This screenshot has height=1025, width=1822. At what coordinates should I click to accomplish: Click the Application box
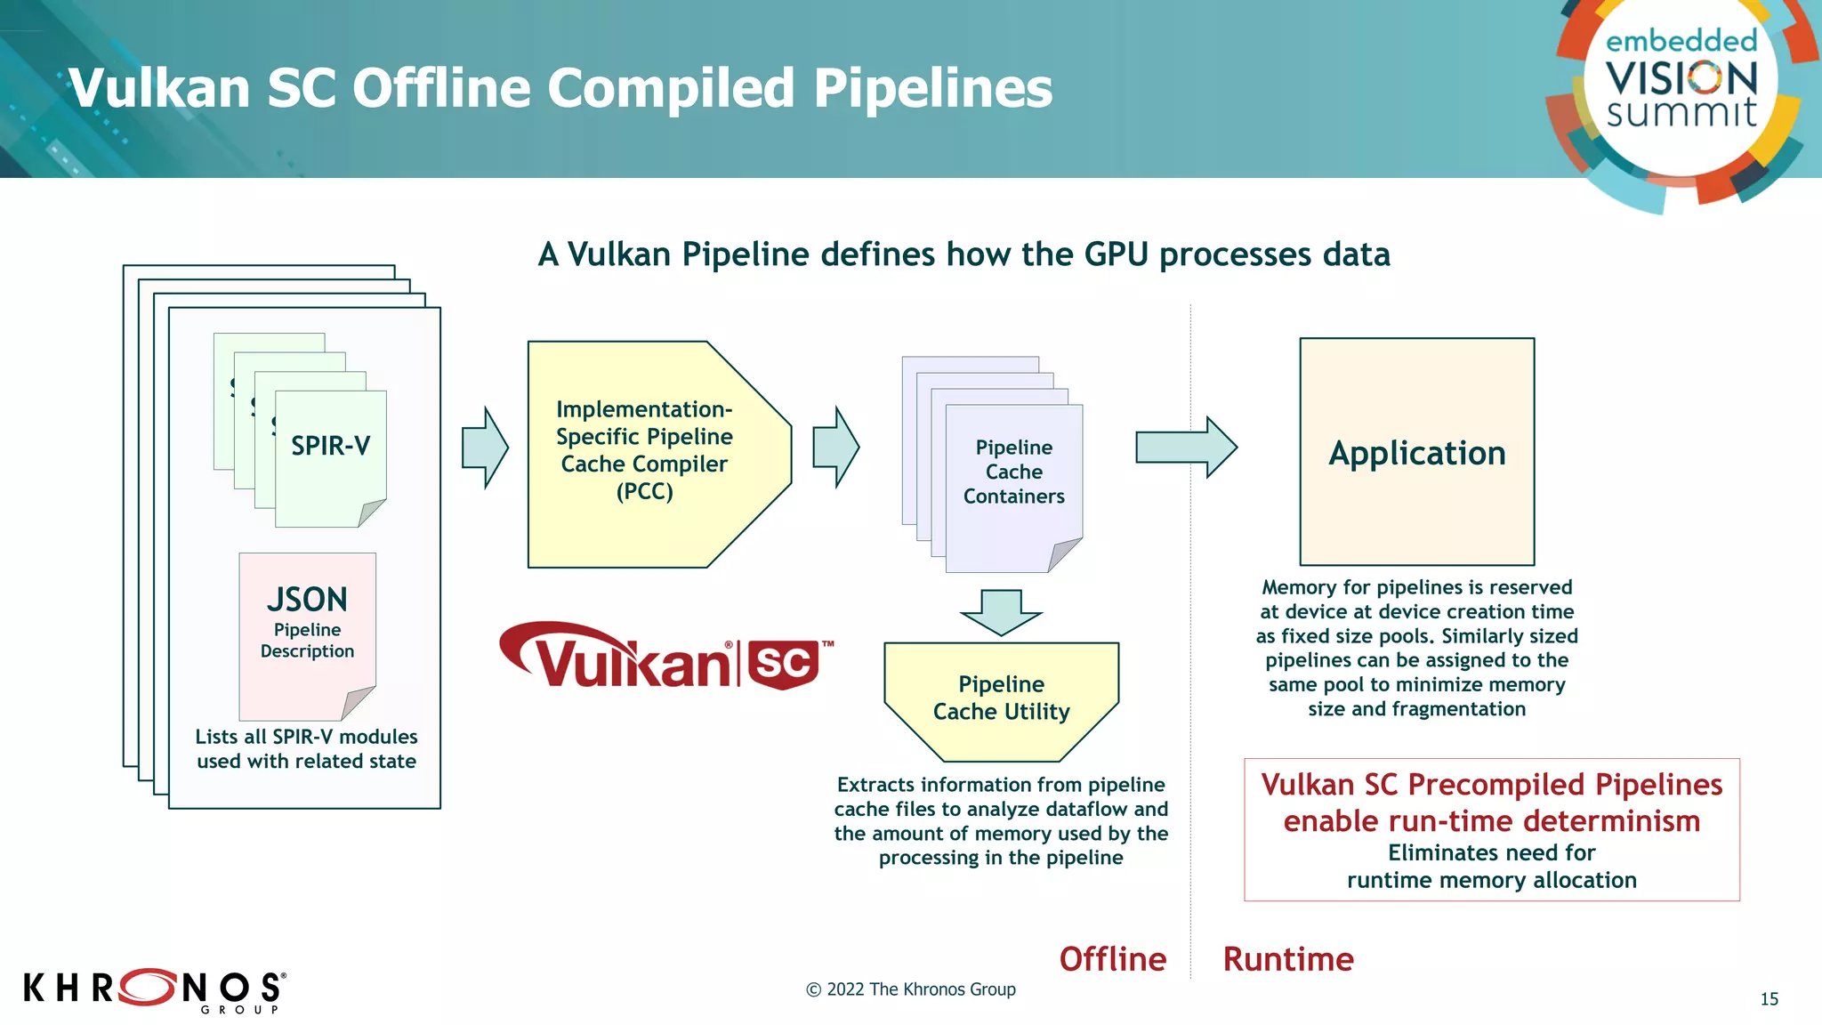(x=1416, y=452)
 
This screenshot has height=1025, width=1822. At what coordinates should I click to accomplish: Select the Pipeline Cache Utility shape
(x=1001, y=699)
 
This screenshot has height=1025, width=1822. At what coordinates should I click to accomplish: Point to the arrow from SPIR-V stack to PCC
(x=485, y=448)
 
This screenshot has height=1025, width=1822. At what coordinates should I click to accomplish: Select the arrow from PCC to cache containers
(x=835, y=448)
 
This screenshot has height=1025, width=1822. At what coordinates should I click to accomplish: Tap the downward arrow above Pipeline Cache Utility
(x=1001, y=612)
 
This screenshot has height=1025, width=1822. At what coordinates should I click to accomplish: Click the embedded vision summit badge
(x=1681, y=89)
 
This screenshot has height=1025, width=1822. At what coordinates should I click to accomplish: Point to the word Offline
(x=1112, y=959)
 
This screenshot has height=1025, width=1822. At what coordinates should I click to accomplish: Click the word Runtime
(x=1287, y=959)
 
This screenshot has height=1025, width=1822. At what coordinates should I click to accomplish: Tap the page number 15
(x=1769, y=998)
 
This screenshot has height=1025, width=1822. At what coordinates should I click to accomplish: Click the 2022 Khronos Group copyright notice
(x=910, y=989)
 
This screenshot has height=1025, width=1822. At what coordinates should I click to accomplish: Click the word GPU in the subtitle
(x=1117, y=254)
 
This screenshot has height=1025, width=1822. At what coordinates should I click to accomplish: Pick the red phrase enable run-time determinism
(x=1491, y=820)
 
